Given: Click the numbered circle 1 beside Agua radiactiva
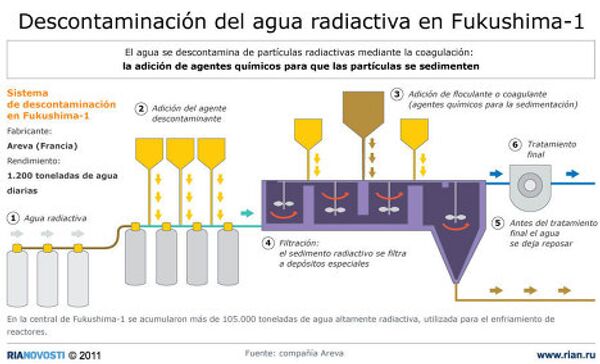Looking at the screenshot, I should pos(13,217).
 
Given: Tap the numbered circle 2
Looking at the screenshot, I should pos(142,109).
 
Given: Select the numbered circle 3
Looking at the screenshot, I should pos(397,94).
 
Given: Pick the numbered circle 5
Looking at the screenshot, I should pos(498,222).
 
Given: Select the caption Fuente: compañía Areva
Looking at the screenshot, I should pos(299,353).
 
